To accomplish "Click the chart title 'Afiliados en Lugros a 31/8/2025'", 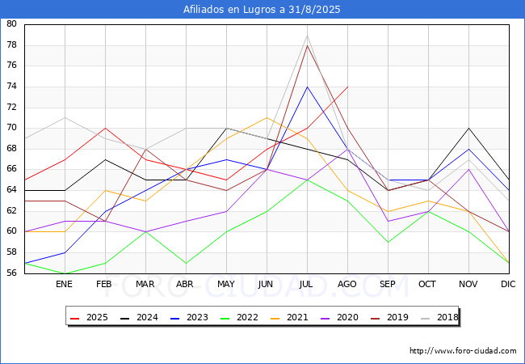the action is pos(262,10).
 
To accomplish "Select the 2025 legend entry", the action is pos(89,317).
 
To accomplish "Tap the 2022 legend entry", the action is pos(239,317).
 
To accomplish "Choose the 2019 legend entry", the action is pos(389,317).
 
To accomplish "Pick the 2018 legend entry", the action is pos(439,317).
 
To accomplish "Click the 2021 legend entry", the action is pos(289,317).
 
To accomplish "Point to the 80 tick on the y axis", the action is pos(11,23).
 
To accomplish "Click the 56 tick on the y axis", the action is pos(11,273).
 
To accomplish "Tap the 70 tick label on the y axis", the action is pos(11,128).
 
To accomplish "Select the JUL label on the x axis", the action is pos(306,284).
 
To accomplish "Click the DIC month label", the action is pos(508,284).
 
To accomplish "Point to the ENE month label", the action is pos(64,284).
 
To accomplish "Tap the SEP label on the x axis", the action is pos(388,284).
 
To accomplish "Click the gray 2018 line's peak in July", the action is pos(307,35).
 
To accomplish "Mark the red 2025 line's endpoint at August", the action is pos(347,87).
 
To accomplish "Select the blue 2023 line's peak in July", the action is pos(307,87).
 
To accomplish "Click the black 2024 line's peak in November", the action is pos(468,128).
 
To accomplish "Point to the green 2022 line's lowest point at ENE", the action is pos(65,273).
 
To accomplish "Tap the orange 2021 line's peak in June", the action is pos(267,117).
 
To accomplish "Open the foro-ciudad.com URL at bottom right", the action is pos(463,351).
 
